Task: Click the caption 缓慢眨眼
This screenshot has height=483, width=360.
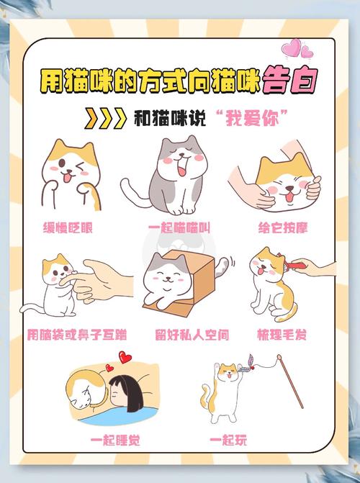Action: tap(70, 228)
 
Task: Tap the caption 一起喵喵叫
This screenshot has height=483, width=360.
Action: tap(179, 228)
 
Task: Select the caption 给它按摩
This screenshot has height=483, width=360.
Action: tap(283, 228)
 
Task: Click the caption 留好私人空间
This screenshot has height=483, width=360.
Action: tap(181, 335)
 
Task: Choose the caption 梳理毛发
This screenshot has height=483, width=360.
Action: tap(282, 335)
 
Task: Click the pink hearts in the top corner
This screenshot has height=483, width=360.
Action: tap(297, 48)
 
